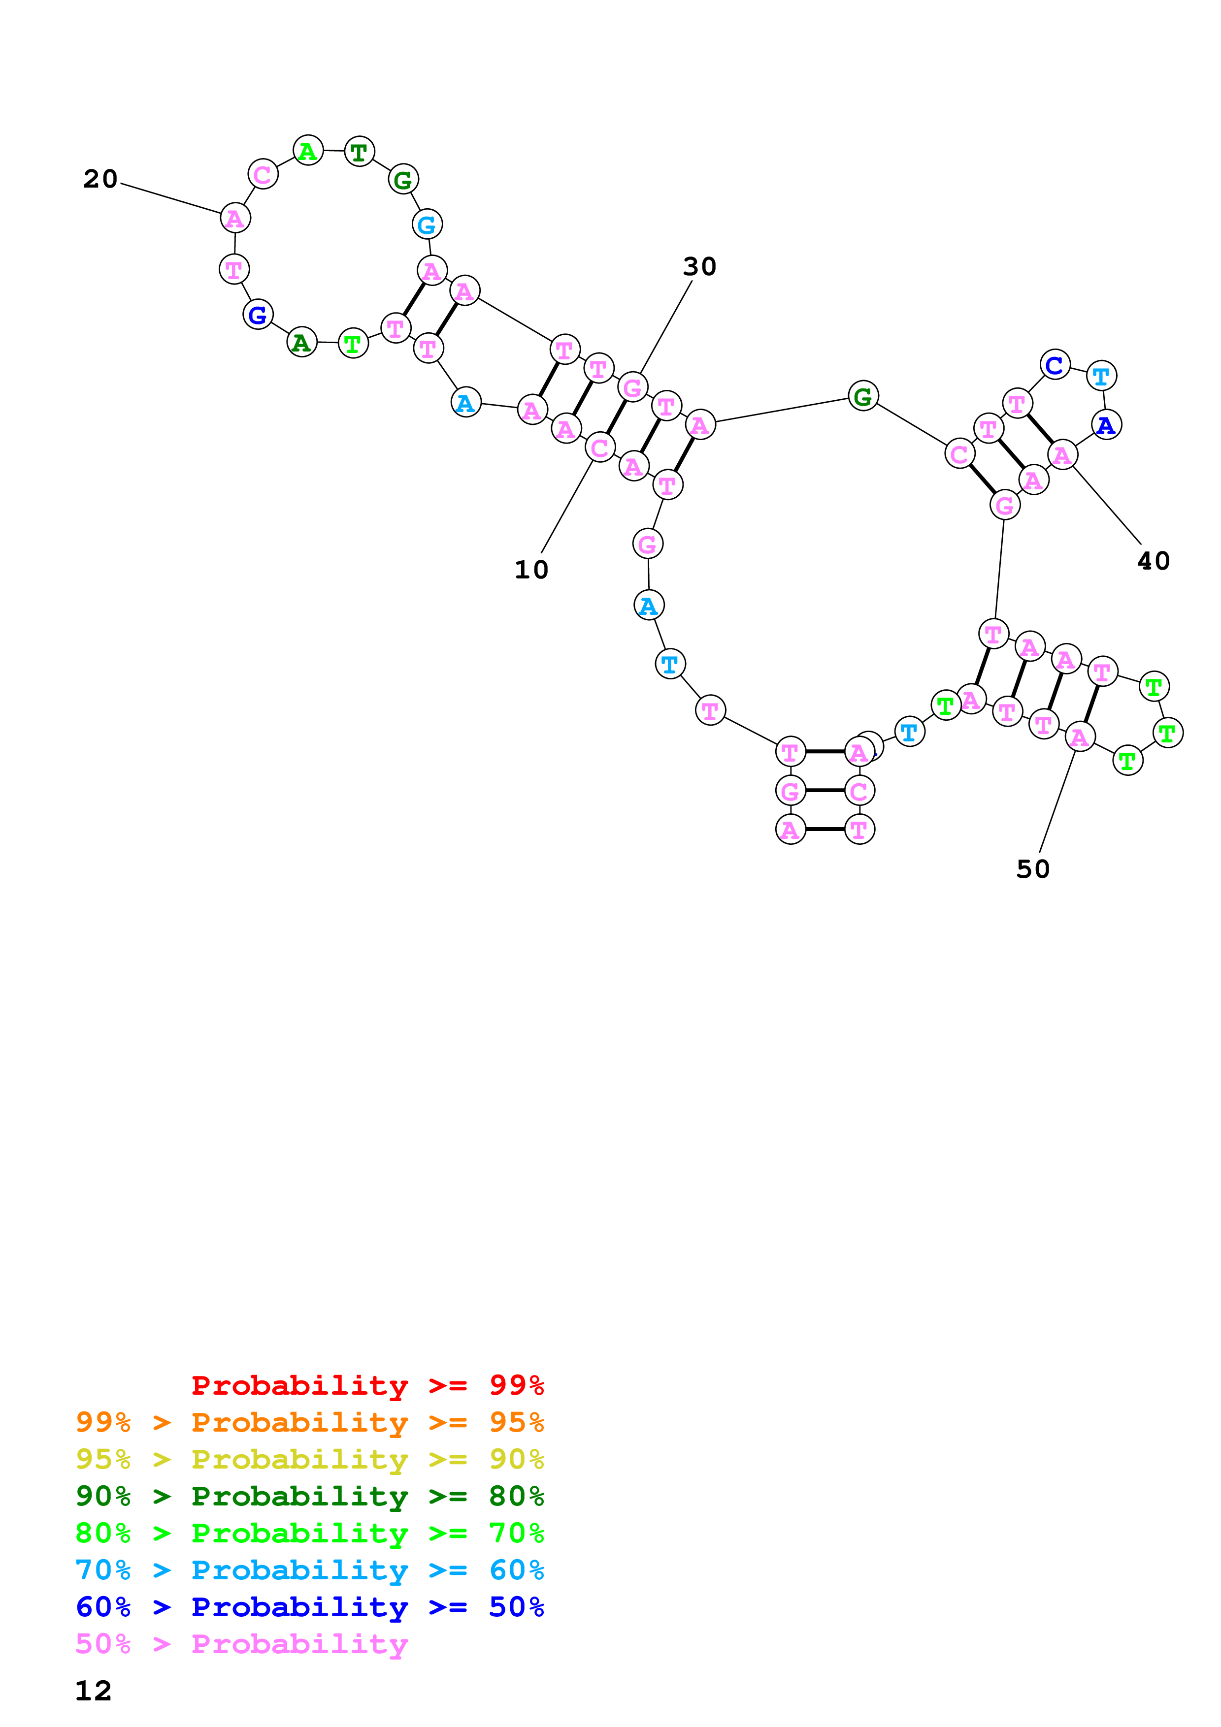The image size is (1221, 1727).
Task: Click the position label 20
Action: tap(100, 179)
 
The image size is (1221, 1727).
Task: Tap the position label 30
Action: tap(699, 266)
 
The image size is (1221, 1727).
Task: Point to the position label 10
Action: tap(531, 570)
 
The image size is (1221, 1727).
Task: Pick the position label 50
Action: tap(1032, 869)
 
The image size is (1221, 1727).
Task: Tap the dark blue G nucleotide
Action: tap(257, 315)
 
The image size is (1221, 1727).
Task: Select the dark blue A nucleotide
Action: tap(1106, 425)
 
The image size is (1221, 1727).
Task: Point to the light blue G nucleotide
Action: tap(427, 224)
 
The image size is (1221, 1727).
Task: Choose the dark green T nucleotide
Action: tap(359, 152)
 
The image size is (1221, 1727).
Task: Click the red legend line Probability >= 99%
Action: tap(367, 1385)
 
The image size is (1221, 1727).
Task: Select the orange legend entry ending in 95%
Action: tap(309, 1422)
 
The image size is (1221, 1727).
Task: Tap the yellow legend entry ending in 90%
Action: tap(309, 1459)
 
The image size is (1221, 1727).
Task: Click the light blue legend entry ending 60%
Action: tap(309, 1570)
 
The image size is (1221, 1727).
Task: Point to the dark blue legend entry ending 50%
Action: tap(309, 1607)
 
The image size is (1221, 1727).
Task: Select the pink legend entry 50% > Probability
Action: tap(241, 1643)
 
